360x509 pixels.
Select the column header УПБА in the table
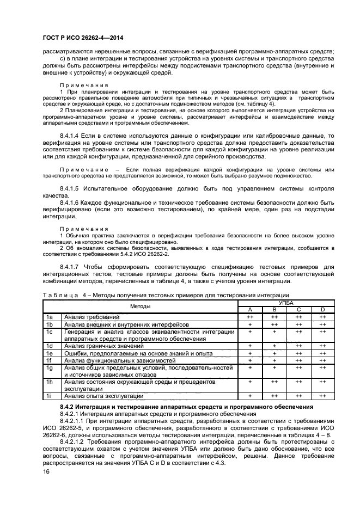tap(286, 303)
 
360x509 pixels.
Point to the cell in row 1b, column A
tap(250, 323)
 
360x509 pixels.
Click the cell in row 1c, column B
tap(274, 330)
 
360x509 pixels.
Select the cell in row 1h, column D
tap(322, 381)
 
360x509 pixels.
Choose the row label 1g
tap(49, 367)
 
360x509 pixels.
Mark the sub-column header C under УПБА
tap(298, 309)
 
